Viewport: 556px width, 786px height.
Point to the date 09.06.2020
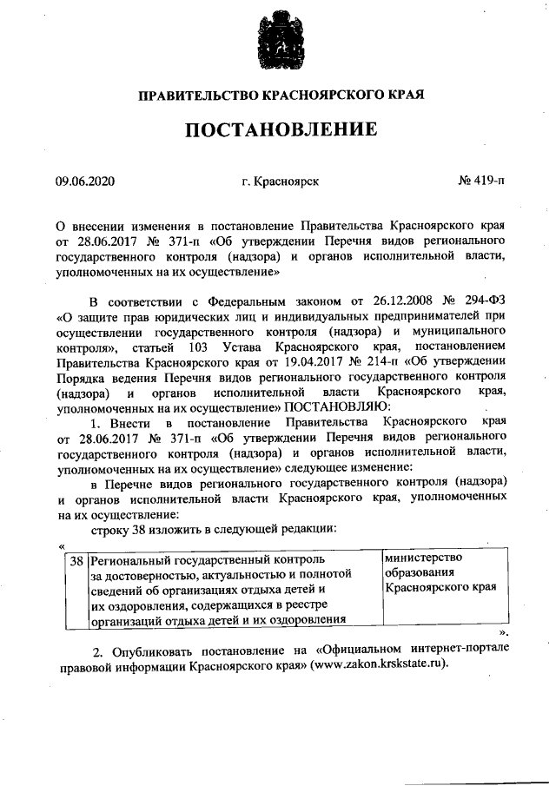[x=84, y=182]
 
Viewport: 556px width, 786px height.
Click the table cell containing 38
[x=77, y=561]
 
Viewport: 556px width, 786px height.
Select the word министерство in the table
[x=423, y=558]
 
